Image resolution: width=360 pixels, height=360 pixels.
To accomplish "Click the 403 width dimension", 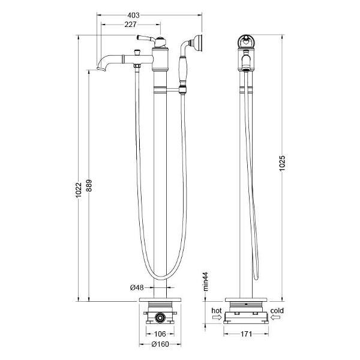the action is click(x=133, y=16).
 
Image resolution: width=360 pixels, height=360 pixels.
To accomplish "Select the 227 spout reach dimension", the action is click(x=130, y=25).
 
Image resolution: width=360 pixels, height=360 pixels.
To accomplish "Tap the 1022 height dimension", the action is click(x=79, y=190).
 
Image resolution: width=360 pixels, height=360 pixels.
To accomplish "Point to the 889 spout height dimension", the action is click(x=89, y=185).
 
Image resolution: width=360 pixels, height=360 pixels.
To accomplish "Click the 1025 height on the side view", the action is click(x=282, y=163).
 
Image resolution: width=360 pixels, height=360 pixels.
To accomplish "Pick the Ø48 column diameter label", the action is click(x=137, y=287).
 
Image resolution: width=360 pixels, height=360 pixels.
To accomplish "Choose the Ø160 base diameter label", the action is click(x=160, y=344).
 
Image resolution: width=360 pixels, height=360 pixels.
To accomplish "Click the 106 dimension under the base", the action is click(x=160, y=334).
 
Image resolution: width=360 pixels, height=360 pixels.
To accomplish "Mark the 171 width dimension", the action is click(x=247, y=334).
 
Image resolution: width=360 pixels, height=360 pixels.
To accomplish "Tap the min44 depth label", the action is click(x=205, y=281).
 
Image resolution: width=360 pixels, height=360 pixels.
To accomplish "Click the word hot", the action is click(x=217, y=311).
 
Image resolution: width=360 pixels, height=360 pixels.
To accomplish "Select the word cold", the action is click(x=277, y=311).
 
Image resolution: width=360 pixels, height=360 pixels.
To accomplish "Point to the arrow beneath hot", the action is click(x=217, y=317).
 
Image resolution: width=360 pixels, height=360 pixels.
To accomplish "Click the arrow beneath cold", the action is click(x=275, y=317).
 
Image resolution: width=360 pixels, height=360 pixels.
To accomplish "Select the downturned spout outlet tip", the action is click(x=101, y=68).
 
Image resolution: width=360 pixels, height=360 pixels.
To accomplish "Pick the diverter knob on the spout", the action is click(x=137, y=52).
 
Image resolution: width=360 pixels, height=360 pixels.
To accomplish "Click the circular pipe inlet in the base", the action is click(x=160, y=318).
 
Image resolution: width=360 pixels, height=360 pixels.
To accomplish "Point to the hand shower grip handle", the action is click(x=183, y=70).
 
